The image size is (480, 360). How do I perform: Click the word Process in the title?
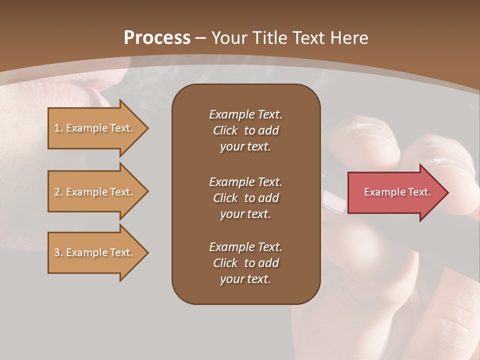(157, 38)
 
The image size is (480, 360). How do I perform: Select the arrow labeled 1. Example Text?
(95, 128)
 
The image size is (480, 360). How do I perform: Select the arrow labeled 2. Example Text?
(95, 192)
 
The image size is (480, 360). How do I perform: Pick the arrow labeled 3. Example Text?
(95, 252)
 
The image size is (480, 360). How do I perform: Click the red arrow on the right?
(395, 192)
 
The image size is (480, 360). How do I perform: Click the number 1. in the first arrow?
(58, 128)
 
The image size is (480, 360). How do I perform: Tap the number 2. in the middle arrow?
(58, 192)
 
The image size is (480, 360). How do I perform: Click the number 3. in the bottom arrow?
(58, 252)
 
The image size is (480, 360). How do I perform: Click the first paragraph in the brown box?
(245, 130)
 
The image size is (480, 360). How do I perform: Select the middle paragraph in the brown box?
(245, 198)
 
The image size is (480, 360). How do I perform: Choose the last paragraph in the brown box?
(245, 263)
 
